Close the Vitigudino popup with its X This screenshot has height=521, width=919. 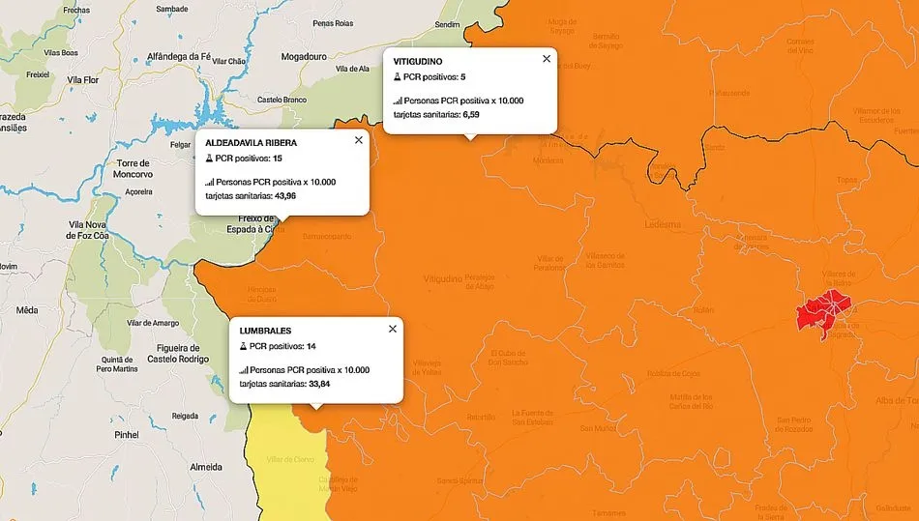pos(547,59)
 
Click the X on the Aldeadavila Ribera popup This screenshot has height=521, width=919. pos(359,140)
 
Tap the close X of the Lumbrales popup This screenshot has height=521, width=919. pos(393,329)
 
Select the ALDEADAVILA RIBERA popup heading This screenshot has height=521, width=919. pos(252,142)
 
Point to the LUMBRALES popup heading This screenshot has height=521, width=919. pos(266,331)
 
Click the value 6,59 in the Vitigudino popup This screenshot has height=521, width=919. pos(472,114)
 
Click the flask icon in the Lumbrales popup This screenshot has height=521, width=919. pos(243,346)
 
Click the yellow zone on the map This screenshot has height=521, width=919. pos(285,464)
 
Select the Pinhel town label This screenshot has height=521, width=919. pos(127,435)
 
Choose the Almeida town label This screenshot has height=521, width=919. pos(206,466)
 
